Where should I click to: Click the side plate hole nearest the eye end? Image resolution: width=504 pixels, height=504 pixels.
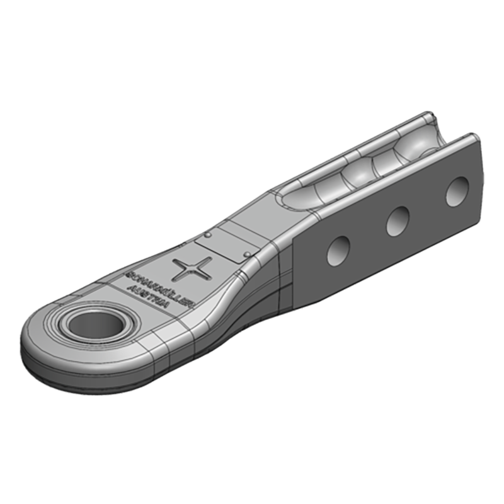pos(338,252)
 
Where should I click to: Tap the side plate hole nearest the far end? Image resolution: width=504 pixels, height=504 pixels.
pos(457,190)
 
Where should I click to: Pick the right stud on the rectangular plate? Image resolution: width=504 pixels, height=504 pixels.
pos(249,253)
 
